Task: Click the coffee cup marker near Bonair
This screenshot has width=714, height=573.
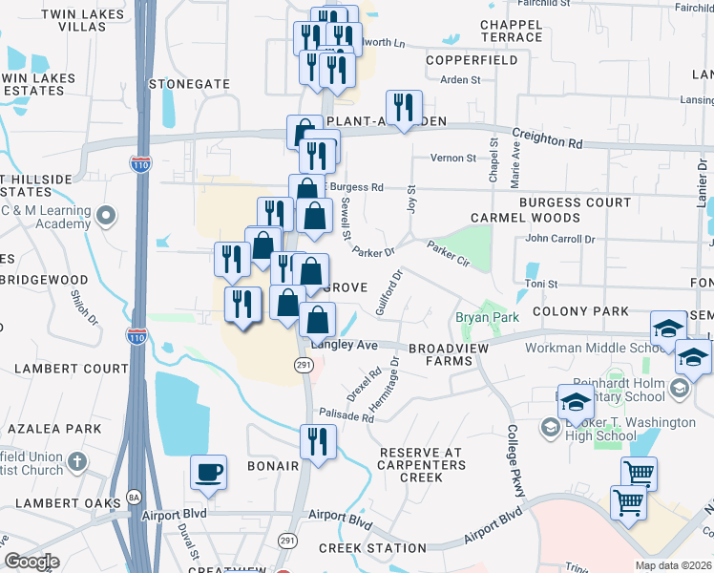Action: click(x=208, y=472)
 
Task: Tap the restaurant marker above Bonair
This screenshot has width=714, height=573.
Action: click(x=317, y=441)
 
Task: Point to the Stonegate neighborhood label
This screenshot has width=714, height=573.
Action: click(x=189, y=84)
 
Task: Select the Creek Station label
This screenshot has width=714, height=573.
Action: click(x=372, y=548)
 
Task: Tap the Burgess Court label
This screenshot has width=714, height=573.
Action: click(x=575, y=203)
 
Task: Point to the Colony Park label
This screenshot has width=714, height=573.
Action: click(x=580, y=311)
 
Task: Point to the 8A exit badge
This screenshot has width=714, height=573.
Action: click(x=134, y=499)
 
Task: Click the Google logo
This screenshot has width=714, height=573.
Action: click(x=31, y=562)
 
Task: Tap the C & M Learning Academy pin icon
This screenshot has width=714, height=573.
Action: click(x=106, y=214)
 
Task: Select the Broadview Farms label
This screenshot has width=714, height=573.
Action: click(x=440, y=355)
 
